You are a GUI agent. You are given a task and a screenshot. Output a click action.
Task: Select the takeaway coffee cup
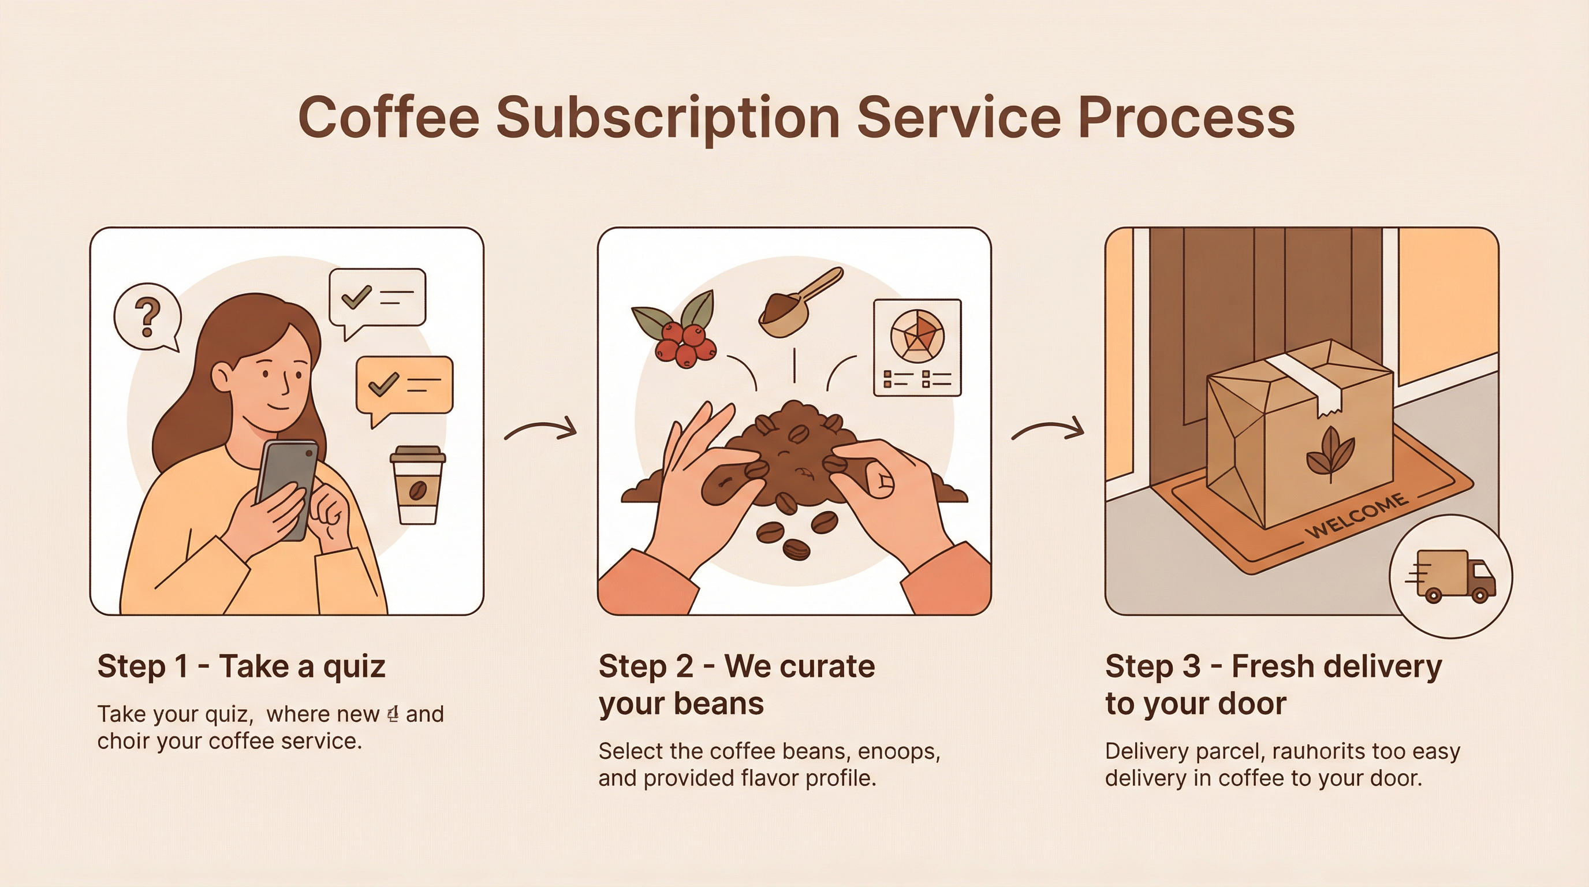(x=417, y=486)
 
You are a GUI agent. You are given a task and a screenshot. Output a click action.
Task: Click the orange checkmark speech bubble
(x=404, y=386)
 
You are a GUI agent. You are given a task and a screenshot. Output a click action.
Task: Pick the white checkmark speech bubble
(x=377, y=297)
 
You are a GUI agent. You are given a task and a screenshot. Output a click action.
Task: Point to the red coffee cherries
(x=685, y=343)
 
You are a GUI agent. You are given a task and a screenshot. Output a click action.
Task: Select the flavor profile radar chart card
(x=917, y=347)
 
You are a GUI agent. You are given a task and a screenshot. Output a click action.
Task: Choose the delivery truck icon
(x=1450, y=576)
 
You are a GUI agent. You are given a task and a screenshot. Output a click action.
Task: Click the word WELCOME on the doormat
(x=1357, y=516)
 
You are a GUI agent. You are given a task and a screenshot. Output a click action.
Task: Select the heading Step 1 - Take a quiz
(x=241, y=667)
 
